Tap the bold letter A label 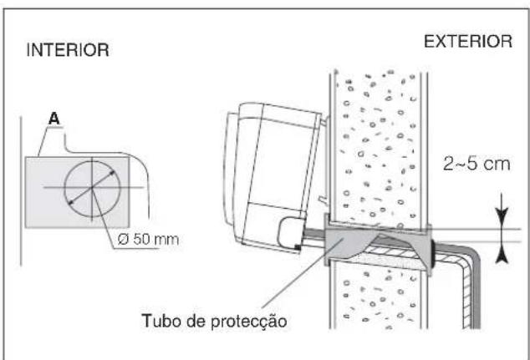click(x=55, y=119)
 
